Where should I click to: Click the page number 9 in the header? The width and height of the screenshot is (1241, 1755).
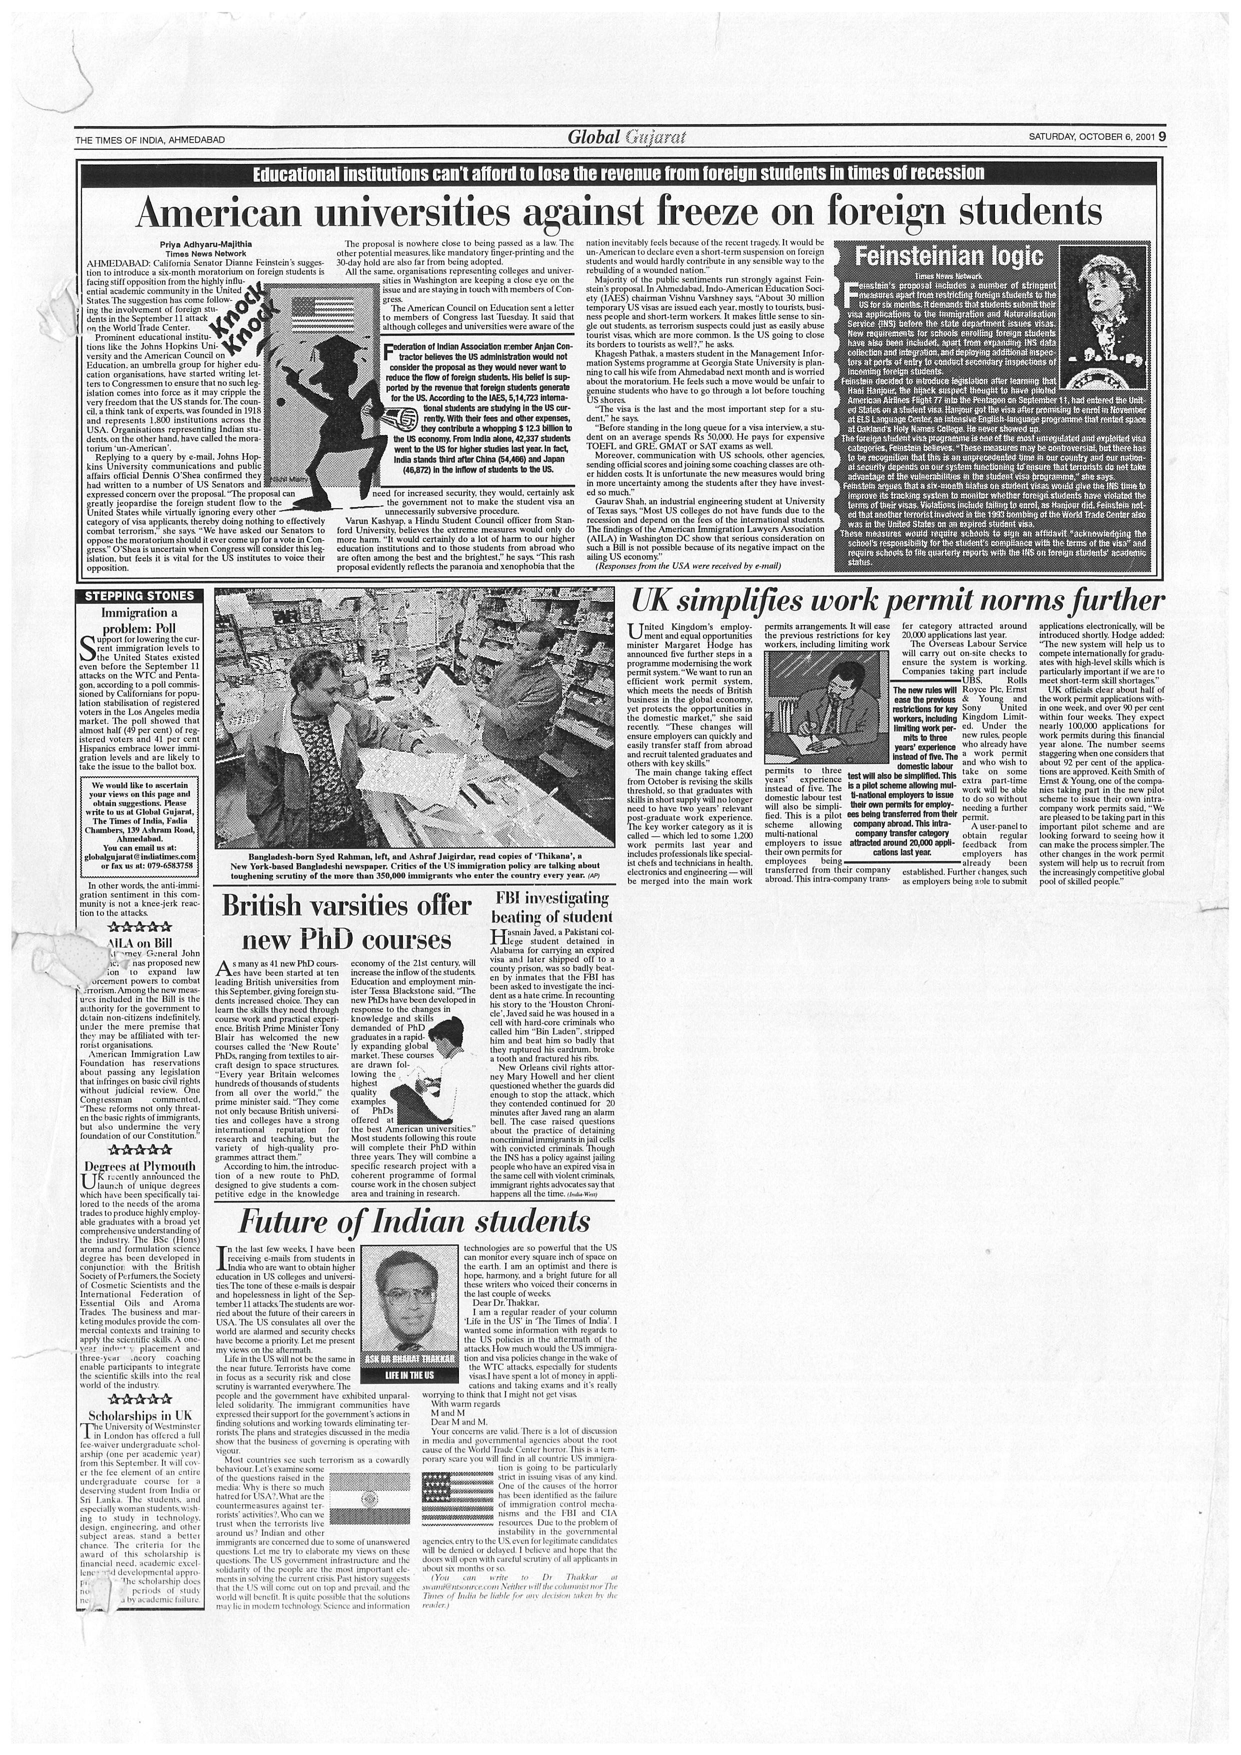point(1161,137)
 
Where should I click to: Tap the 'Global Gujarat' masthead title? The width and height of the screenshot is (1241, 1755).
point(626,137)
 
